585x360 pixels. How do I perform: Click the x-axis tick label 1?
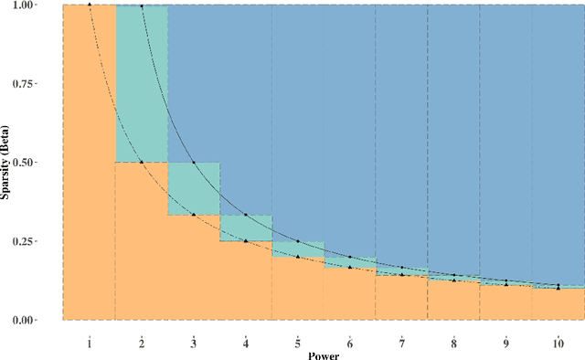tap(90, 343)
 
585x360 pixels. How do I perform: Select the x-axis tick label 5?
tap(298, 343)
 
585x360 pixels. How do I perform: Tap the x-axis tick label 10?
tap(558, 343)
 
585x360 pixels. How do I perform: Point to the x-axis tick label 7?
tap(402, 343)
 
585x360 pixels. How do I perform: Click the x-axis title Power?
tap(324, 355)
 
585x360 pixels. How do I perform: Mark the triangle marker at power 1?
tap(90, 5)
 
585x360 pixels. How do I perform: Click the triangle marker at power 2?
tap(142, 162)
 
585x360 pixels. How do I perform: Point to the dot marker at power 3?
tap(194, 163)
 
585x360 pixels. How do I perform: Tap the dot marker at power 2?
tap(142, 5)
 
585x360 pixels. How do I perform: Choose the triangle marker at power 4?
tap(246, 241)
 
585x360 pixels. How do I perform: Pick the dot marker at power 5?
tap(298, 241)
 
